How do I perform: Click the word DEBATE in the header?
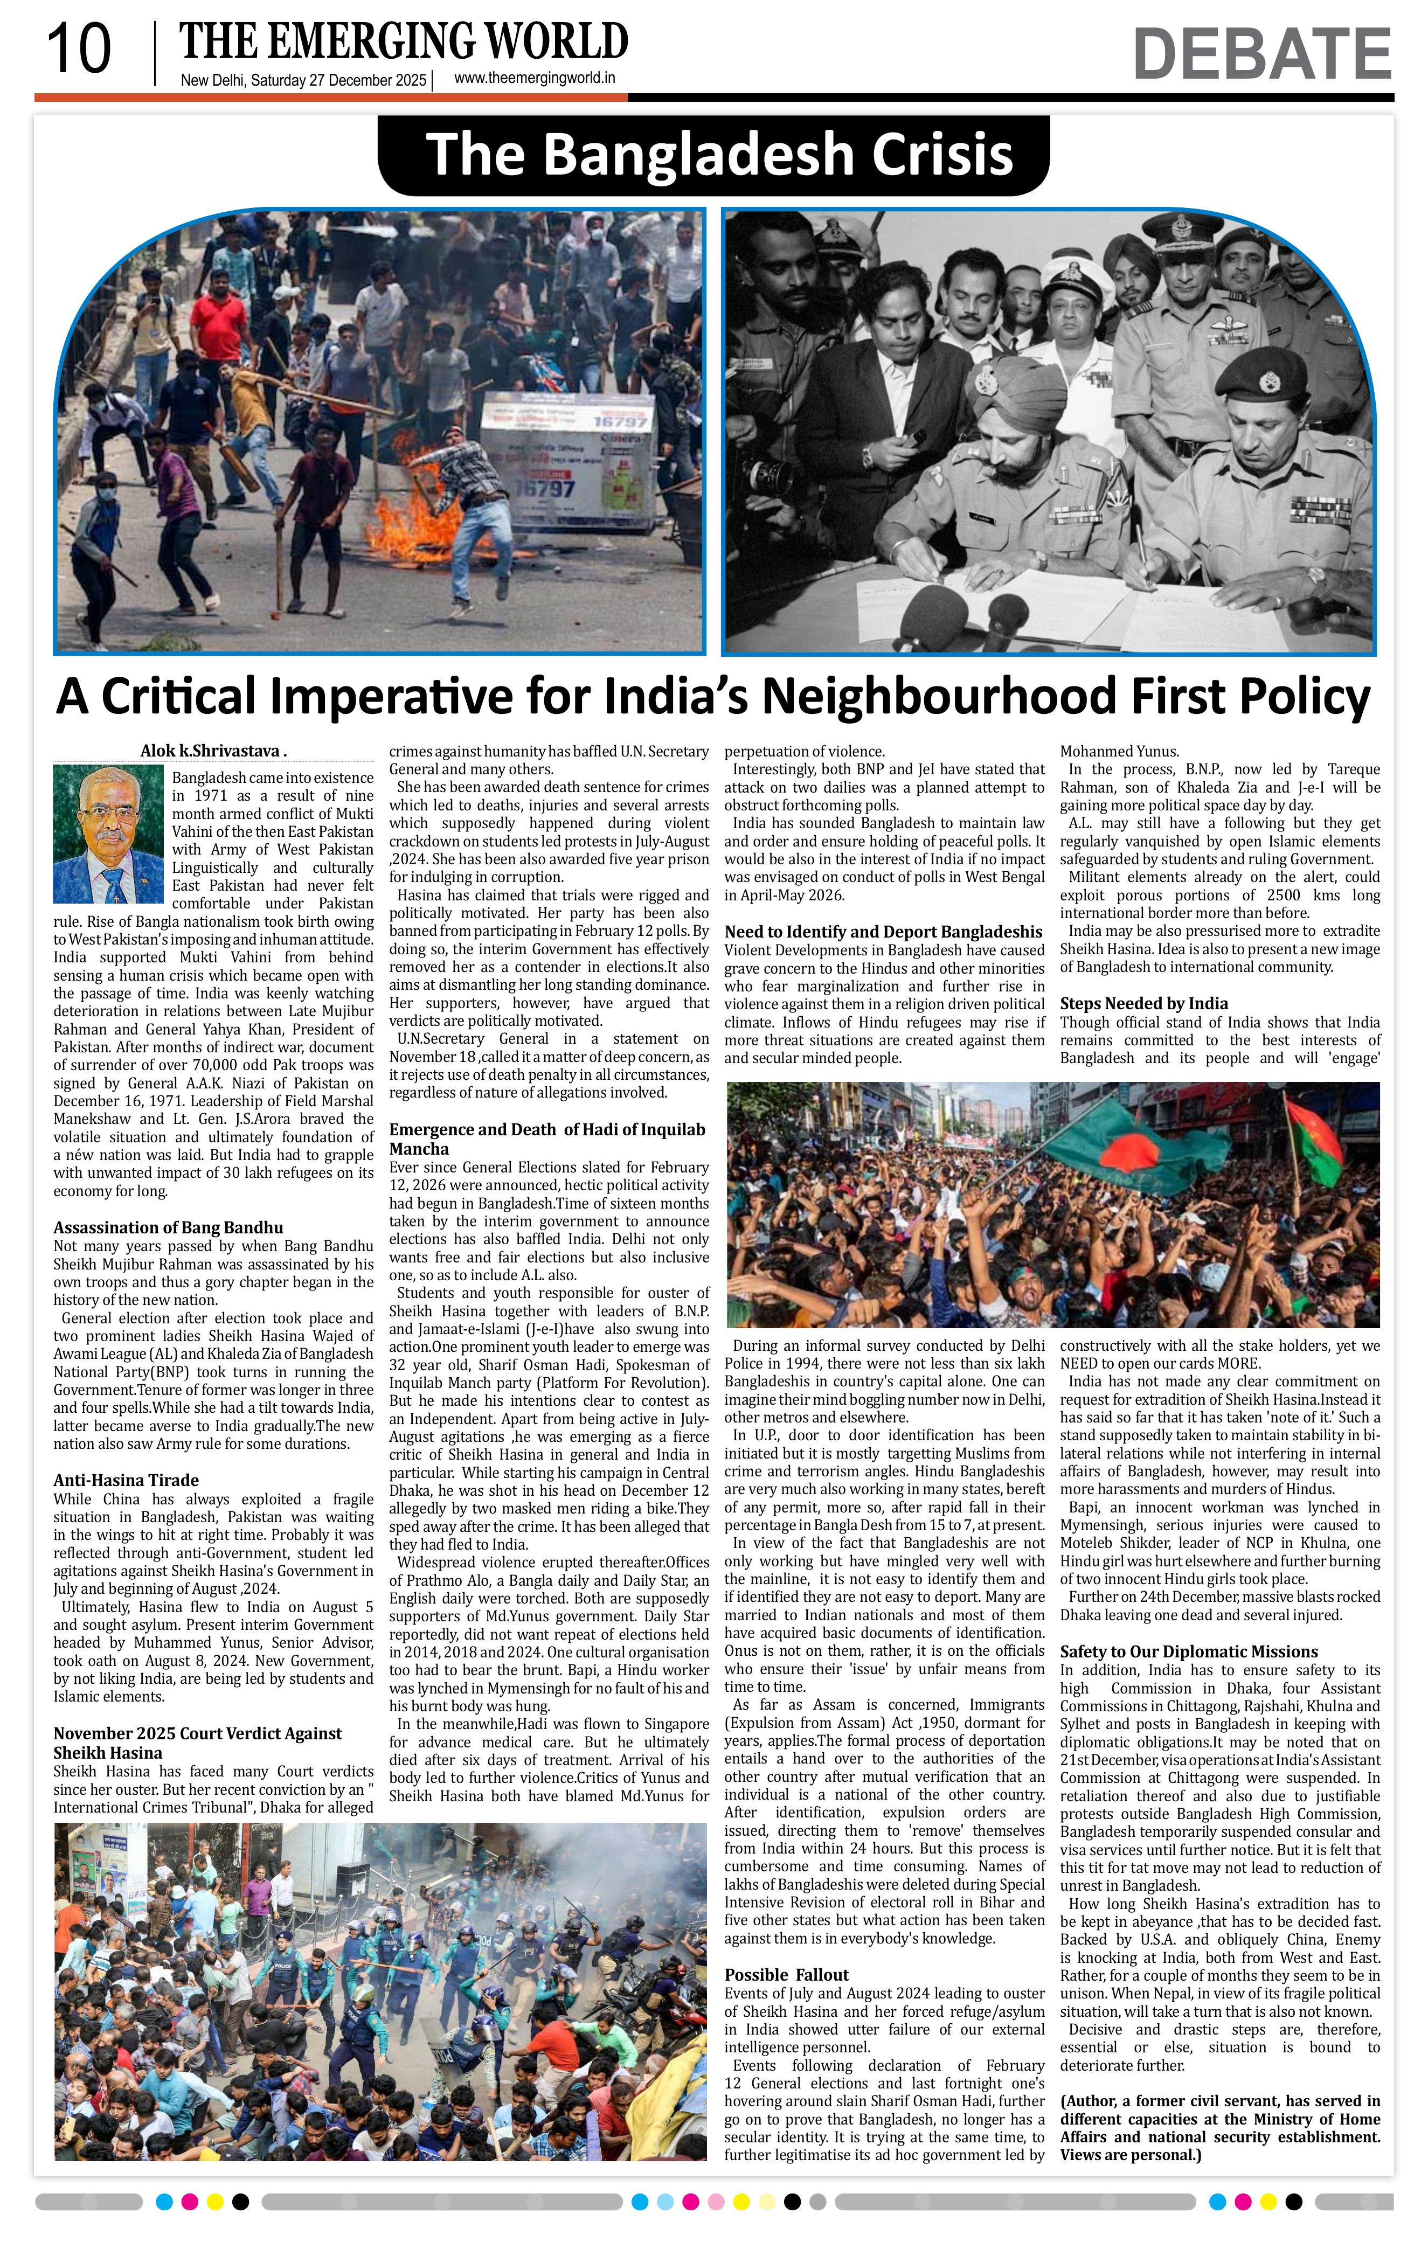coord(1261,54)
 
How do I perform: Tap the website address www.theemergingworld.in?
coord(534,79)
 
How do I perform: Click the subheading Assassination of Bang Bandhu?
coord(168,1227)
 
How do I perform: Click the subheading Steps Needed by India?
coord(1143,1003)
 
